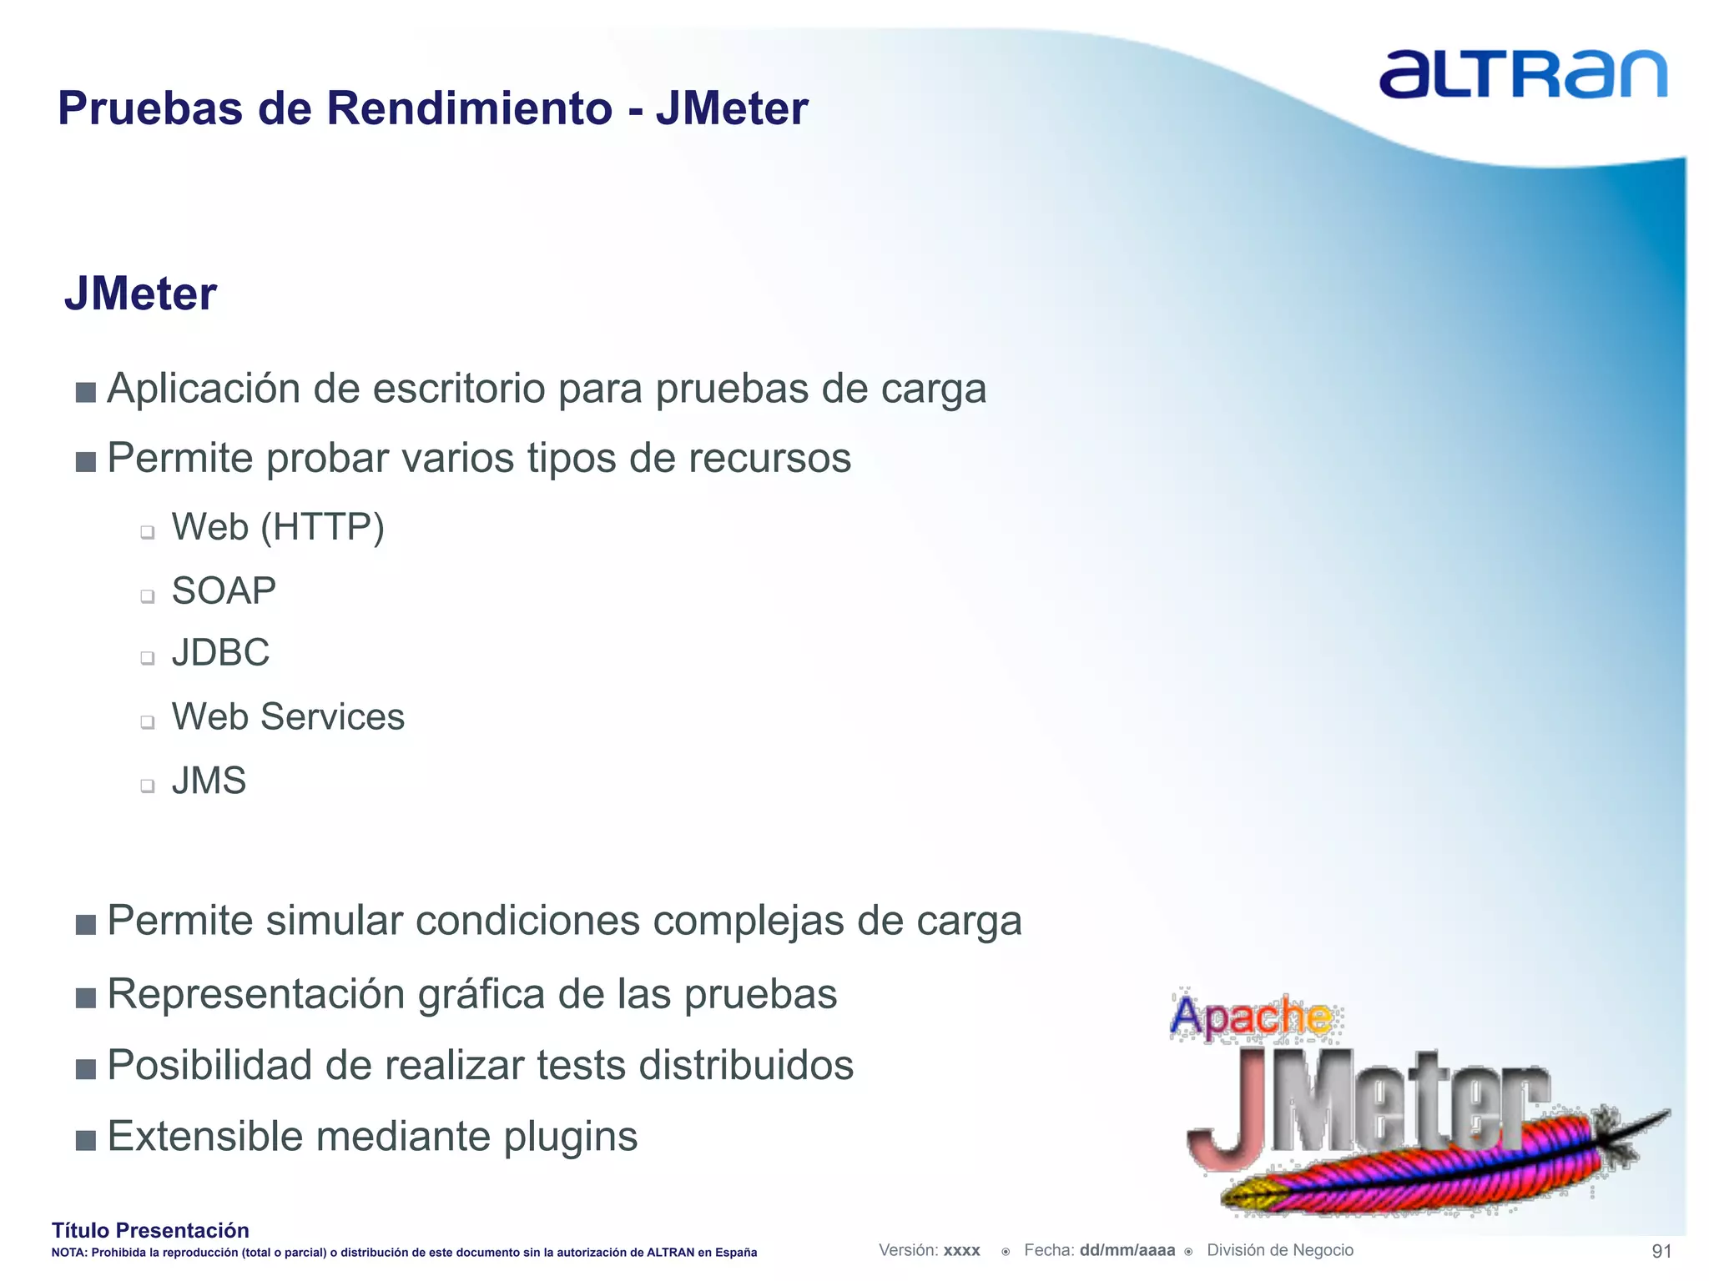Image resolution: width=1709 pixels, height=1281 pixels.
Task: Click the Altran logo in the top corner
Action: click(1522, 74)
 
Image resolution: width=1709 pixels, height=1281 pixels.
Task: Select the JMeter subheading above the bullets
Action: click(140, 294)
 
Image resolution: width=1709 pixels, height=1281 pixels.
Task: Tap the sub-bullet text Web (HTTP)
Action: click(278, 527)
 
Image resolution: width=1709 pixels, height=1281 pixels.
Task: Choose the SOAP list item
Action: click(224, 591)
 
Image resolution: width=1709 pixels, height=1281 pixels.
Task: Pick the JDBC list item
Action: click(220, 653)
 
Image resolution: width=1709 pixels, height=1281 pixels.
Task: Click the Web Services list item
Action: click(288, 717)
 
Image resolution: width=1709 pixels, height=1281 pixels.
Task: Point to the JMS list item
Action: click(209, 781)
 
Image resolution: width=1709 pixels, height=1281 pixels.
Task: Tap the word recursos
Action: click(769, 459)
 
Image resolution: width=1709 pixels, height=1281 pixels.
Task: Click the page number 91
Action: click(1661, 1251)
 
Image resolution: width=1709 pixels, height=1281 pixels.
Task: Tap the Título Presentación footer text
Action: click(150, 1230)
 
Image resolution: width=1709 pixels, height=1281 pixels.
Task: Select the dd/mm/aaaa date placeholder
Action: click(1127, 1250)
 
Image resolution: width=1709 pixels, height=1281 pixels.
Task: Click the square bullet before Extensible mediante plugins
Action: click(85, 1140)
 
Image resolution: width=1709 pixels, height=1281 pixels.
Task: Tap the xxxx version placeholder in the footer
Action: click(961, 1251)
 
